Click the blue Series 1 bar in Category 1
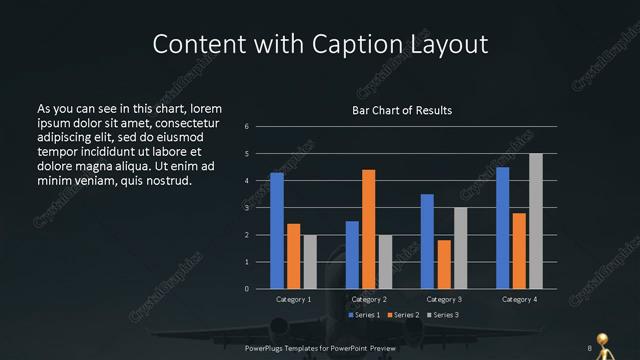(277, 231)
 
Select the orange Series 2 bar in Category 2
(368, 229)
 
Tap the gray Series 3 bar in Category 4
(535, 221)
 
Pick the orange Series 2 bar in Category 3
(443, 264)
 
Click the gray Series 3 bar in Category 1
(309, 262)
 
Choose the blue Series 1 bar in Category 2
(352, 255)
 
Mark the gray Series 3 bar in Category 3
(460, 248)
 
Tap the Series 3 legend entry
(443, 315)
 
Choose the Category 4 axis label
(518, 299)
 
